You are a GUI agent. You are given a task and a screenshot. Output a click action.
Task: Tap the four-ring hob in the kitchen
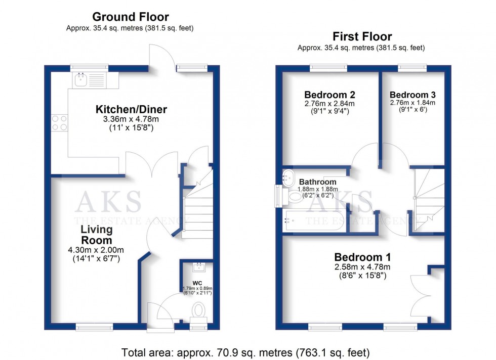pyautogui.click(x=60, y=123)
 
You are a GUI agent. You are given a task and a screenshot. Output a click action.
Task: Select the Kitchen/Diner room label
pyautogui.click(x=131, y=109)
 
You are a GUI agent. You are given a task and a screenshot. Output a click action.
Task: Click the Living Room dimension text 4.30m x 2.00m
pyautogui.click(x=96, y=250)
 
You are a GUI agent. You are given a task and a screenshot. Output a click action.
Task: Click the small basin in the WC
pyautogui.click(x=199, y=267)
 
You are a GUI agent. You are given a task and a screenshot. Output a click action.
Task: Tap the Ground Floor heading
pyautogui.click(x=131, y=17)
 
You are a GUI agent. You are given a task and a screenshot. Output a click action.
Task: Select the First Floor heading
pyautogui.click(x=362, y=36)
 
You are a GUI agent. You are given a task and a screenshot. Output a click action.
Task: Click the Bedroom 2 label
pyautogui.click(x=329, y=95)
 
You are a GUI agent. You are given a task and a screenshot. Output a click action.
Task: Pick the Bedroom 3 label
pyautogui.click(x=412, y=95)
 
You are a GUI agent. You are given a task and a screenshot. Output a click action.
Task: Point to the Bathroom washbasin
pyautogui.click(x=288, y=178)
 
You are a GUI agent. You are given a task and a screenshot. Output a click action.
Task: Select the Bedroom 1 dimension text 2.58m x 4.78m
pyautogui.click(x=362, y=267)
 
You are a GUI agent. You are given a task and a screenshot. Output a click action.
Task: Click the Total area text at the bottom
pyautogui.click(x=246, y=352)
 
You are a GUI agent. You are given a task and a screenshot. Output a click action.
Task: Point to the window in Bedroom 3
pyautogui.click(x=412, y=68)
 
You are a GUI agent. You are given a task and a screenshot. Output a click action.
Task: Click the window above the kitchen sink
pyautogui.click(x=89, y=68)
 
